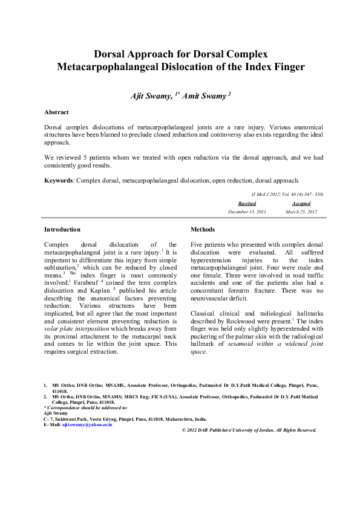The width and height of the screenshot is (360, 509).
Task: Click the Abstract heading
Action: click(x=56, y=112)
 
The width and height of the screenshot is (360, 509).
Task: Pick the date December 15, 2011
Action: click(x=247, y=213)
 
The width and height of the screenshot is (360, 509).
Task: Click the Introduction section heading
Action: click(x=62, y=230)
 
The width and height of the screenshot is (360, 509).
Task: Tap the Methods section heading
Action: click(x=203, y=230)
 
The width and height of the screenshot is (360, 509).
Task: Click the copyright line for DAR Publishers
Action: click(x=249, y=430)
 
